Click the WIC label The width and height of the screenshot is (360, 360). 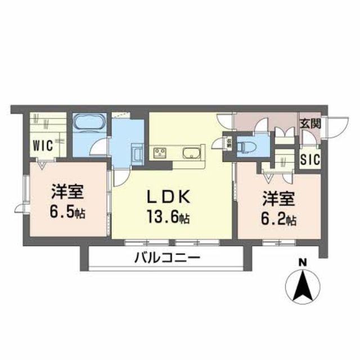pyautogui.click(x=43, y=145)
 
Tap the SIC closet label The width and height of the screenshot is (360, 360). pyautogui.click(x=309, y=159)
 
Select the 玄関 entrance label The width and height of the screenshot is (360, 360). pyautogui.click(x=309, y=124)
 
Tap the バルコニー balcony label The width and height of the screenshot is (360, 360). pyautogui.click(x=166, y=259)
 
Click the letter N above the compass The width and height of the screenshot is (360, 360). pyautogui.click(x=303, y=262)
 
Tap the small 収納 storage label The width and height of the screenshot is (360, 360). pyautogui.click(x=229, y=143)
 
